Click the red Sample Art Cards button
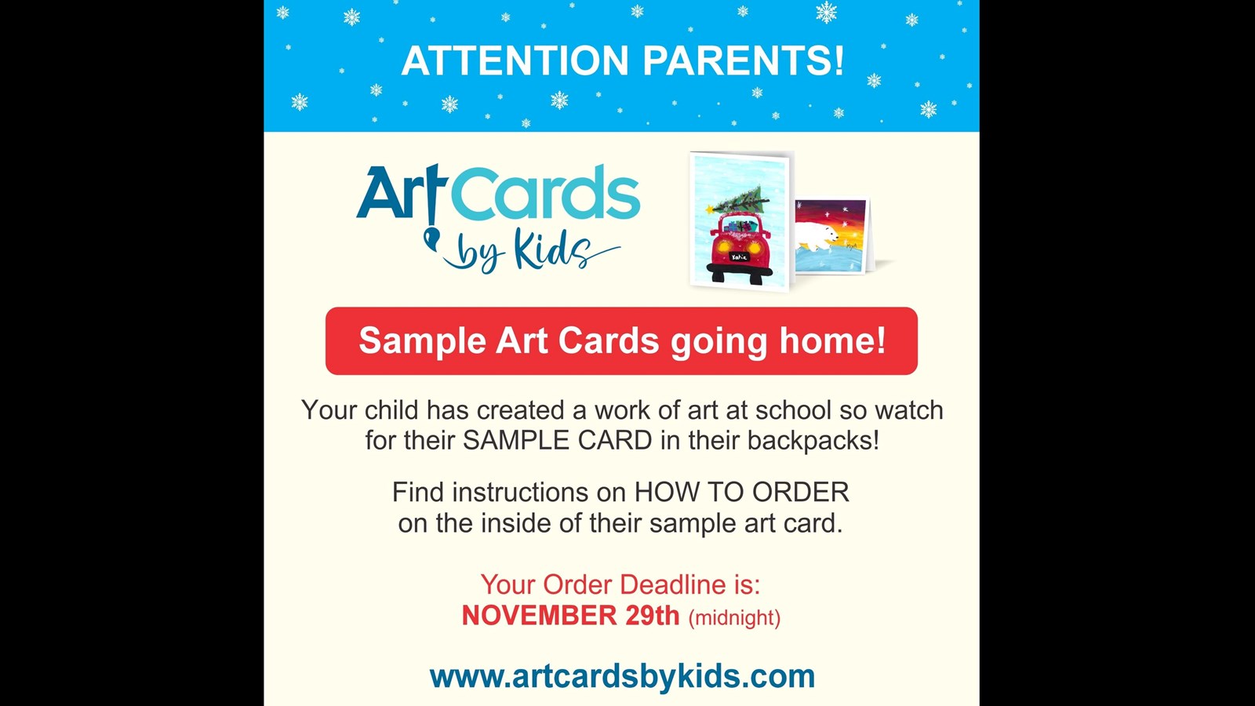621,341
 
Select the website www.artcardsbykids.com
622,676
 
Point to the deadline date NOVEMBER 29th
570,616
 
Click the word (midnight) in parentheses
734,618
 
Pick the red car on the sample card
739,247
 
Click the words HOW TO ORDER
741,493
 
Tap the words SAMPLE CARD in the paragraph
557,441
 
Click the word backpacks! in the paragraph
813,441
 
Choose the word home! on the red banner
832,341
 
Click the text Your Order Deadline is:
620,584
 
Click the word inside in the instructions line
516,523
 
